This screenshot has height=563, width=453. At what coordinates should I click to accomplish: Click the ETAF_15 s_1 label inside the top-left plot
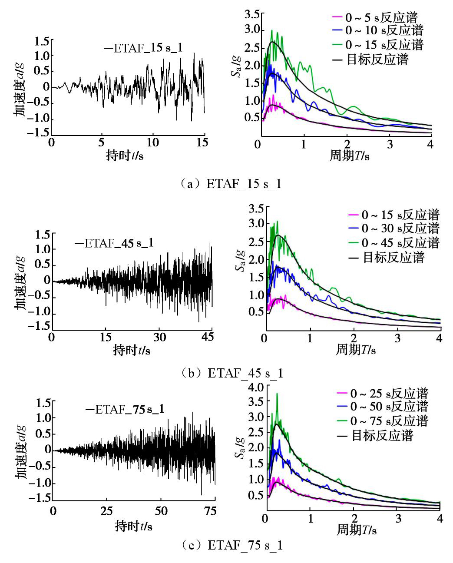(143, 48)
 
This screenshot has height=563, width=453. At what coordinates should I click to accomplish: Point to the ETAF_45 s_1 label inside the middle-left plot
(114, 243)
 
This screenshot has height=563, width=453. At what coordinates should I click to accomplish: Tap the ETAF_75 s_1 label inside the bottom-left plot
(125, 409)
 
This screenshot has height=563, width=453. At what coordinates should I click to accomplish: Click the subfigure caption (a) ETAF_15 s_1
(231, 184)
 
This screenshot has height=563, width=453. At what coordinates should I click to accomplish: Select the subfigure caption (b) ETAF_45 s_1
(231, 373)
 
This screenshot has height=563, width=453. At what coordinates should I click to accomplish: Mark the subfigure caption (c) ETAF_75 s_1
(231, 545)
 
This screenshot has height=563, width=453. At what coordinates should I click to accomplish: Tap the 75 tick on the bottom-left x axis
(210, 511)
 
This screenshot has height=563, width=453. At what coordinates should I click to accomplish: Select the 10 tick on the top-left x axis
(152, 142)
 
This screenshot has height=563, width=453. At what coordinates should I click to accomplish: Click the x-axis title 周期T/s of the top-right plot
(349, 156)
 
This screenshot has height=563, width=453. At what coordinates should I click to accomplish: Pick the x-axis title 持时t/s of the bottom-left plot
(133, 526)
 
